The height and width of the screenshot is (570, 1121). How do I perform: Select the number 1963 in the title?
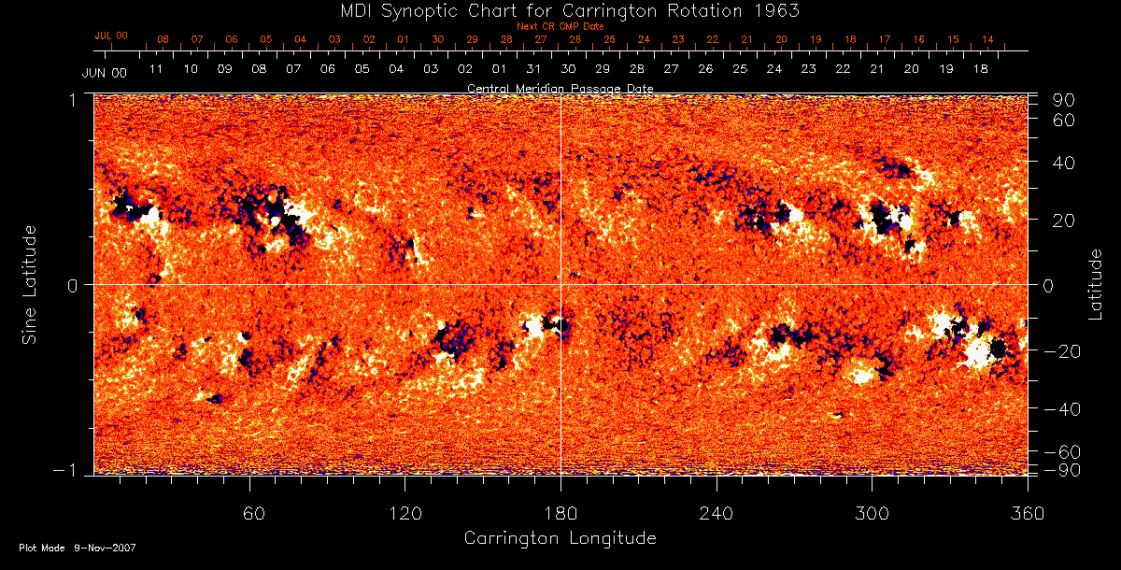tap(777, 10)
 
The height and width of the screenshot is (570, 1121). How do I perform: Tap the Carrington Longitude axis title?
tap(560, 538)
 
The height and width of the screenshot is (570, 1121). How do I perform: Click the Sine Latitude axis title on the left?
tap(31, 283)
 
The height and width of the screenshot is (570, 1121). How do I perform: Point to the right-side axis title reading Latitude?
tap(1096, 283)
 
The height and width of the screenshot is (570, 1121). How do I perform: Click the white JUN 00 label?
tap(104, 72)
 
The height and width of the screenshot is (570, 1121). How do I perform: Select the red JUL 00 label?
tap(111, 36)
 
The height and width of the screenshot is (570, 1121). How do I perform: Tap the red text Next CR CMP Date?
tap(560, 26)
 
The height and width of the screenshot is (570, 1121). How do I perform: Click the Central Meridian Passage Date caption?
tap(560, 88)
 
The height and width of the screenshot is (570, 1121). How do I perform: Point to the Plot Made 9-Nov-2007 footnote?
tap(78, 548)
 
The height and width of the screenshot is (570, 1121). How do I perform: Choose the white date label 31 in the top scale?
tap(533, 69)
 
